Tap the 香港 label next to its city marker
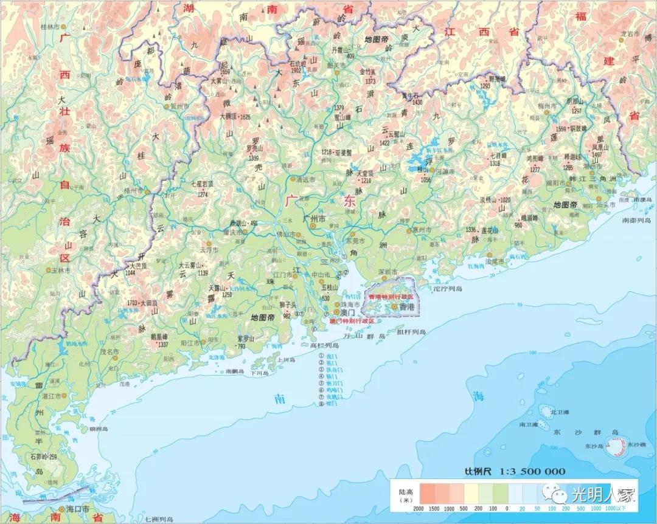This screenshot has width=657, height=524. [407, 308]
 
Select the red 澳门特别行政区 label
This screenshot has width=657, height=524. [352, 320]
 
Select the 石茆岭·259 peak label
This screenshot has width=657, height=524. [43, 457]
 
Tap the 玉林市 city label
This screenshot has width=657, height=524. [63, 271]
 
